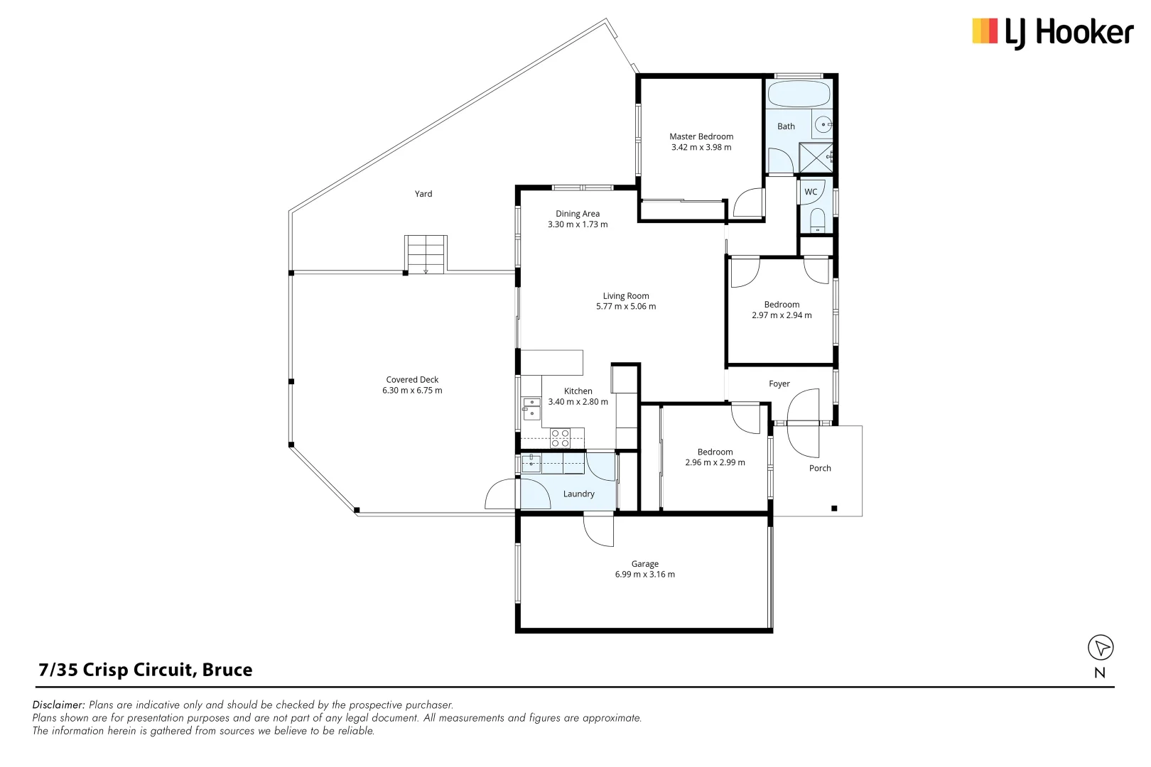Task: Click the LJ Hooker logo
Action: click(x=1053, y=33)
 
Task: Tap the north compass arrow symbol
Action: click(x=1101, y=647)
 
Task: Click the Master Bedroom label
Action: click(x=701, y=136)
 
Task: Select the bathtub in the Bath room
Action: click(x=799, y=94)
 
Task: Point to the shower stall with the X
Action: click(x=816, y=158)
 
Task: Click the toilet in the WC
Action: click(x=817, y=220)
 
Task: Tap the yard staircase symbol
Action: click(x=426, y=254)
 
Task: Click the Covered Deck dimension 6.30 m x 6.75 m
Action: click(x=412, y=391)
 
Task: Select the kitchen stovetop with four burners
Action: click(x=560, y=437)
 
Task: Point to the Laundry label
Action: click(x=578, y=494)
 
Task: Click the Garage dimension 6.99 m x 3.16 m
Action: click(x=645, y=575)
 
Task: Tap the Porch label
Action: click(x=820, y=468)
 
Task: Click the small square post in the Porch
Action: click(x=834, y=508)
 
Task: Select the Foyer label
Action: click(x=779, y=383)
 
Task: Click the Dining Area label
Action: click(x=578, y=213)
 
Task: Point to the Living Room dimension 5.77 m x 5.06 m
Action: click(x=626, y=306)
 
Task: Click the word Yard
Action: click(x=423, y=194)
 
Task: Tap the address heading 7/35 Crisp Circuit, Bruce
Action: click(x=146, y=670)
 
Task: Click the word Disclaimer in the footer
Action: click(x=58, y=705)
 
